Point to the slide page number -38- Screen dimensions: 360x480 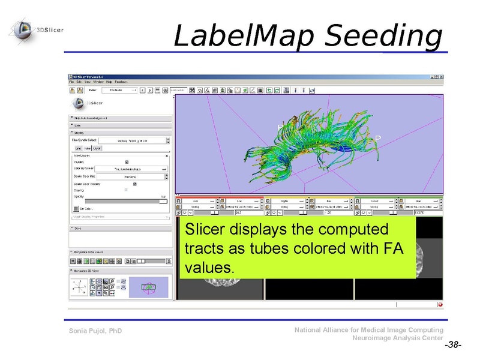452,346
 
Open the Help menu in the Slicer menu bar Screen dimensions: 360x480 109,82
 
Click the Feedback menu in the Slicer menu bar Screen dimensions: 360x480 121,82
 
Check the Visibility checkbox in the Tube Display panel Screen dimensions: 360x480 127,161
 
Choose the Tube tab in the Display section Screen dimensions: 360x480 88,148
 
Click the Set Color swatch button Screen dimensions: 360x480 76,208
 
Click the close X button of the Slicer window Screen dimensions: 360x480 441,77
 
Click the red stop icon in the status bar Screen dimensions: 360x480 440,304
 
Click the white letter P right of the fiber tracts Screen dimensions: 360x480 377,138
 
